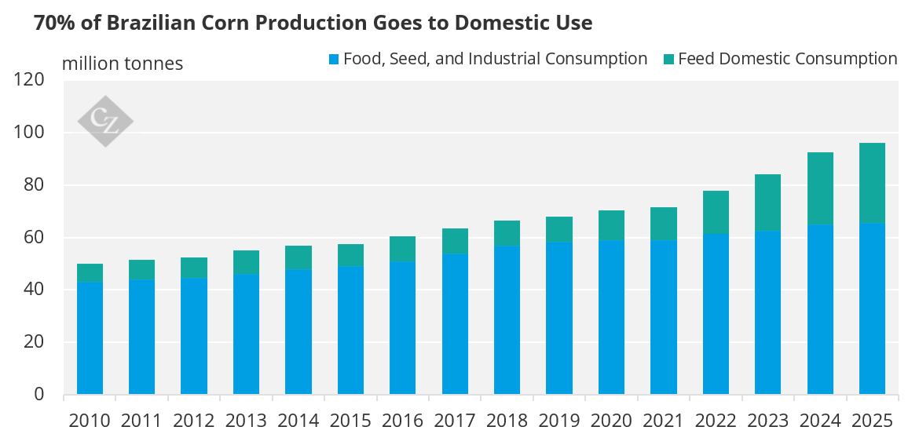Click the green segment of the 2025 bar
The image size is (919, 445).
click(x=872, y=183)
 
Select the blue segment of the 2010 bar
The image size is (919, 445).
click(x=90, y=337)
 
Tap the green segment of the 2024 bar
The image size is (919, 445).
click(x=820, y=188)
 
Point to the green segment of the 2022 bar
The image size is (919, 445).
click(x=716, y=212)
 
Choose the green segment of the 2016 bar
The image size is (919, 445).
click(x=402, y=249)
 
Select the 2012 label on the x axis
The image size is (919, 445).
click(x=194, y=421)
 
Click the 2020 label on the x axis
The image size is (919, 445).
click(x=611, y=421)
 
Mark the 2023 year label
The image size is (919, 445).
click(x=767, y=421)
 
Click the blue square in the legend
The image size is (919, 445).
click(x=333, y=59)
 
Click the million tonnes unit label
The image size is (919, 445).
click(x=123, y=64)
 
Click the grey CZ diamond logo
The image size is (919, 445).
click(x=105, y=121)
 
